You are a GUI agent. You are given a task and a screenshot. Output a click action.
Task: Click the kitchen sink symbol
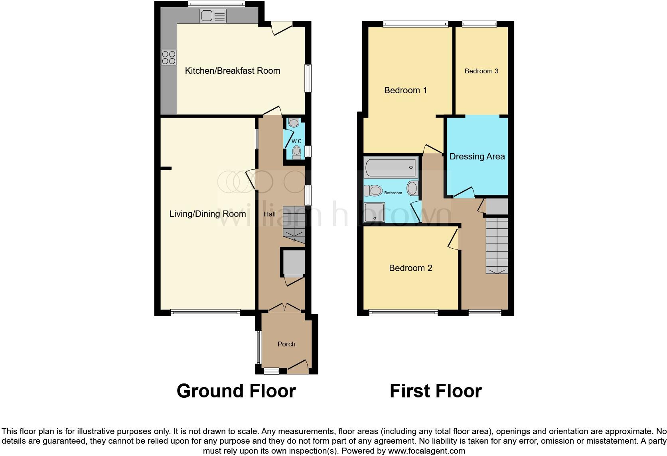click(x=213, y=16)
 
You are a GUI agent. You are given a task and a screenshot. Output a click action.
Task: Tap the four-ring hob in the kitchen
click(x=168, y=57)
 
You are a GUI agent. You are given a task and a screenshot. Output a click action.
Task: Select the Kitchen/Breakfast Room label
click(x=233, y=71)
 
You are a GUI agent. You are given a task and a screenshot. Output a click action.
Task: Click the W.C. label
click(x=297, y=142)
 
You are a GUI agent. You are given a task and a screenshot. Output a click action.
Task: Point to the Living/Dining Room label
click(x=207, y=214)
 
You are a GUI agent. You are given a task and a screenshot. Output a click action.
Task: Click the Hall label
click(x=270, y=214)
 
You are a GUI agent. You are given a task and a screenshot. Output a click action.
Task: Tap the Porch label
click(x=286, y=344)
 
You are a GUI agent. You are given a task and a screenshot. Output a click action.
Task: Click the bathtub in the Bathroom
click(x=391, y=167)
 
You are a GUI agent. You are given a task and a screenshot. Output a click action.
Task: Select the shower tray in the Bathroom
click(x=375, y=212)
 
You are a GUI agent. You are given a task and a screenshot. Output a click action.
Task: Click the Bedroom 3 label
click(x=482, y=71)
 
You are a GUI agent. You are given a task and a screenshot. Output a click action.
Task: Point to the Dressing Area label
click(x=477, y=157)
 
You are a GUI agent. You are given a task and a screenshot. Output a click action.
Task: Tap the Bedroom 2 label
click(x=410, y=268)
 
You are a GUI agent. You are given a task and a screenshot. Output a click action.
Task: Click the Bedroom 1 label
click(x=405, y=90)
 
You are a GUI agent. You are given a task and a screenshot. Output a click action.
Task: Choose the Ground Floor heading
click(x=236, y=391)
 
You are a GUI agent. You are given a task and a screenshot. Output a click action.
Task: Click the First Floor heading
click(x=436, y=391)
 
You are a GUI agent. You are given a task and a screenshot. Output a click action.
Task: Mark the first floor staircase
click(x=497, y=246)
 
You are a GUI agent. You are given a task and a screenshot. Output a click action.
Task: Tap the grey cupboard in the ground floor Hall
click(x=294, y=263)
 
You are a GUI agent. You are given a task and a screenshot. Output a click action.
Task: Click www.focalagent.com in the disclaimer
click(x=426, y=451)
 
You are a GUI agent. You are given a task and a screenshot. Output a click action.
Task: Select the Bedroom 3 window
click(x=479, y=24)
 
